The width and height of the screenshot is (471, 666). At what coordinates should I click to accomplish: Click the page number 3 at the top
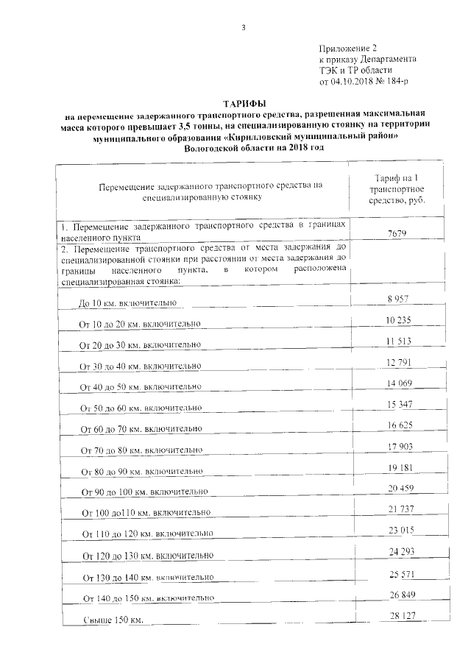(242, 28)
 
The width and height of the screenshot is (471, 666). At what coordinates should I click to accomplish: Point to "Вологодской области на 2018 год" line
(246, 148)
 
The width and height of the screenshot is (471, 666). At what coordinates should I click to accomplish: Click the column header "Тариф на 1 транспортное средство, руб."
(397, 190)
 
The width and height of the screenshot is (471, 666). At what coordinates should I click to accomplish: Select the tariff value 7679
(397, 234)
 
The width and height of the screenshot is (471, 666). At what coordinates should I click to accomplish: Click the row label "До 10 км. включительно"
(127, 303)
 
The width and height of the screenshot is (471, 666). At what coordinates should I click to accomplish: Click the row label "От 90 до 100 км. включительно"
(141, 491)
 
